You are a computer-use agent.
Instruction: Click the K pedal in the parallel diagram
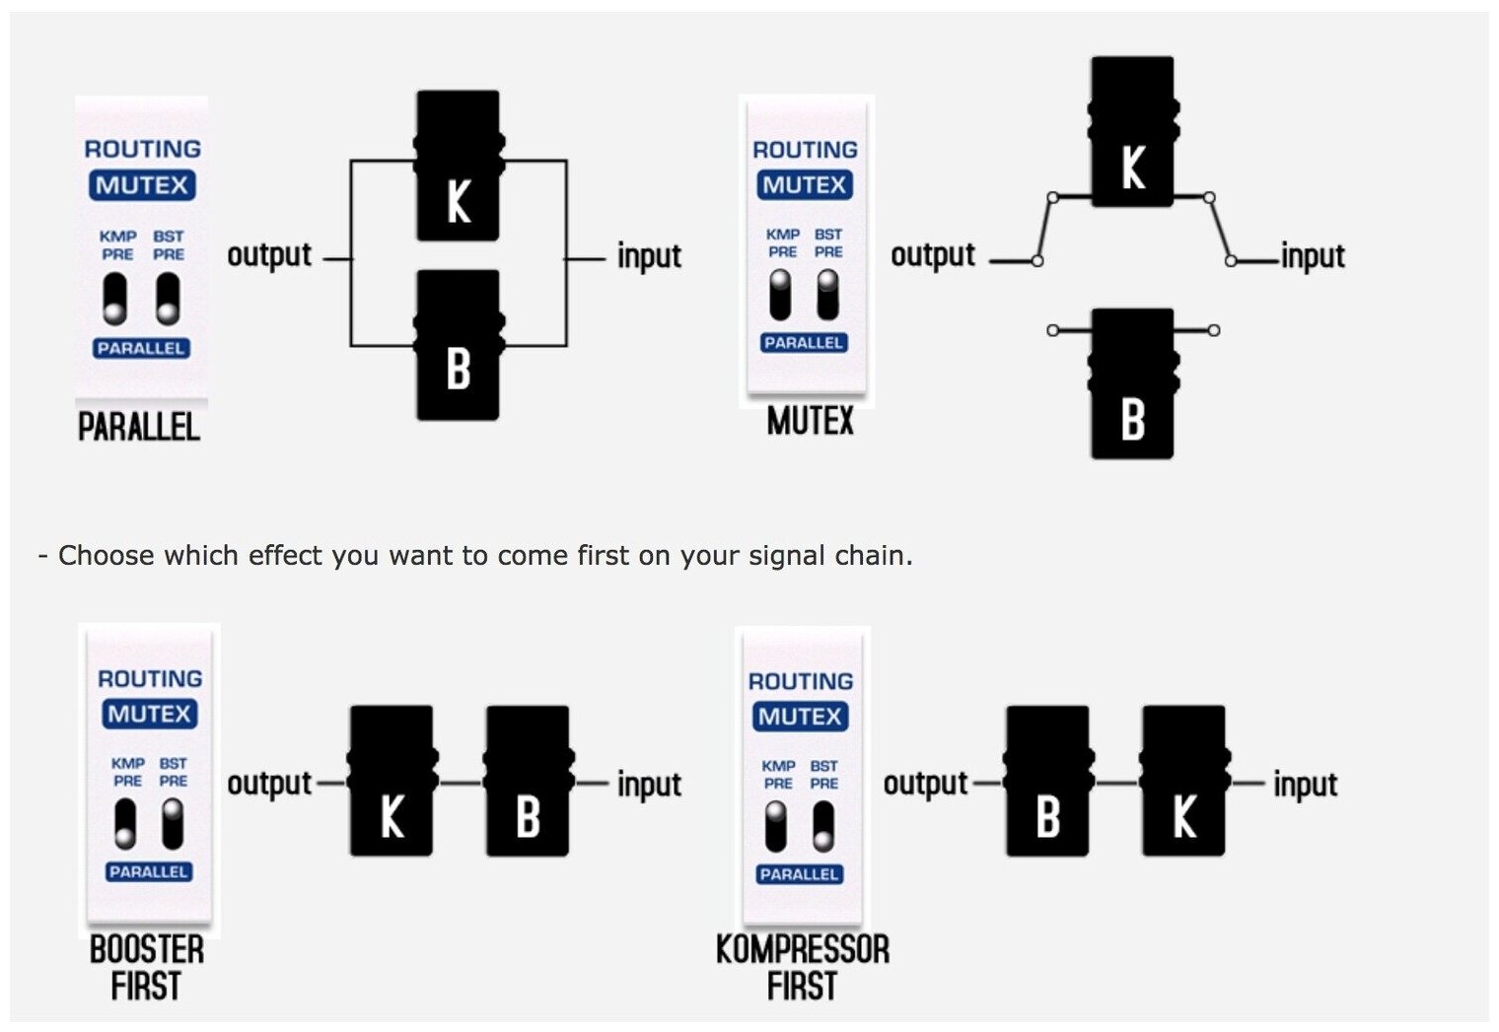coord(459,166)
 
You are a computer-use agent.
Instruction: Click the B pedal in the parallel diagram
coord(459,345)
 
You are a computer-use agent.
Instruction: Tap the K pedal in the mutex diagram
coord(1132,132)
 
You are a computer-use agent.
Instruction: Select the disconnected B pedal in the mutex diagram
coord(1132,383)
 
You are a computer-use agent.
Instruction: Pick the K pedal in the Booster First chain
coord(392,781)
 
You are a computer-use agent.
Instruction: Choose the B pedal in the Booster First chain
coord(528,781)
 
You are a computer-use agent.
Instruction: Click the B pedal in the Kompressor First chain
coord(1047,781)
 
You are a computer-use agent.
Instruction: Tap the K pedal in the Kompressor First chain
coord(1183,781)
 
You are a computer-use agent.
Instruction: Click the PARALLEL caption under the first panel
coord(139,427)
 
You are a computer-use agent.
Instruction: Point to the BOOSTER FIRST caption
coord(146,967)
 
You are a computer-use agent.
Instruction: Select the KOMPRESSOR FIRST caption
coord(802,967)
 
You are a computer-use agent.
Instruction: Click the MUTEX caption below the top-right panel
coord(810,422)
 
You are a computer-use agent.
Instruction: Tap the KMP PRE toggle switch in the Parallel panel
coord(115,299)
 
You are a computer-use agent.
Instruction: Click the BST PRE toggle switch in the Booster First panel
coord(173,824)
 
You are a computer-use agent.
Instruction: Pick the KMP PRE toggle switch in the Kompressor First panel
coord(777,826)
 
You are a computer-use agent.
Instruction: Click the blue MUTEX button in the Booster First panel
coord(150,714)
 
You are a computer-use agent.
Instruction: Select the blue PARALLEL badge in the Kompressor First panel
coord(799,874)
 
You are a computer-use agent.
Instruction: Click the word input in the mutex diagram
coord(1313,256)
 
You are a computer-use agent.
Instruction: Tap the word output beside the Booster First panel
coord(269,784)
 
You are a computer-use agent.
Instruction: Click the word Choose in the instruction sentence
coord(104,556)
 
